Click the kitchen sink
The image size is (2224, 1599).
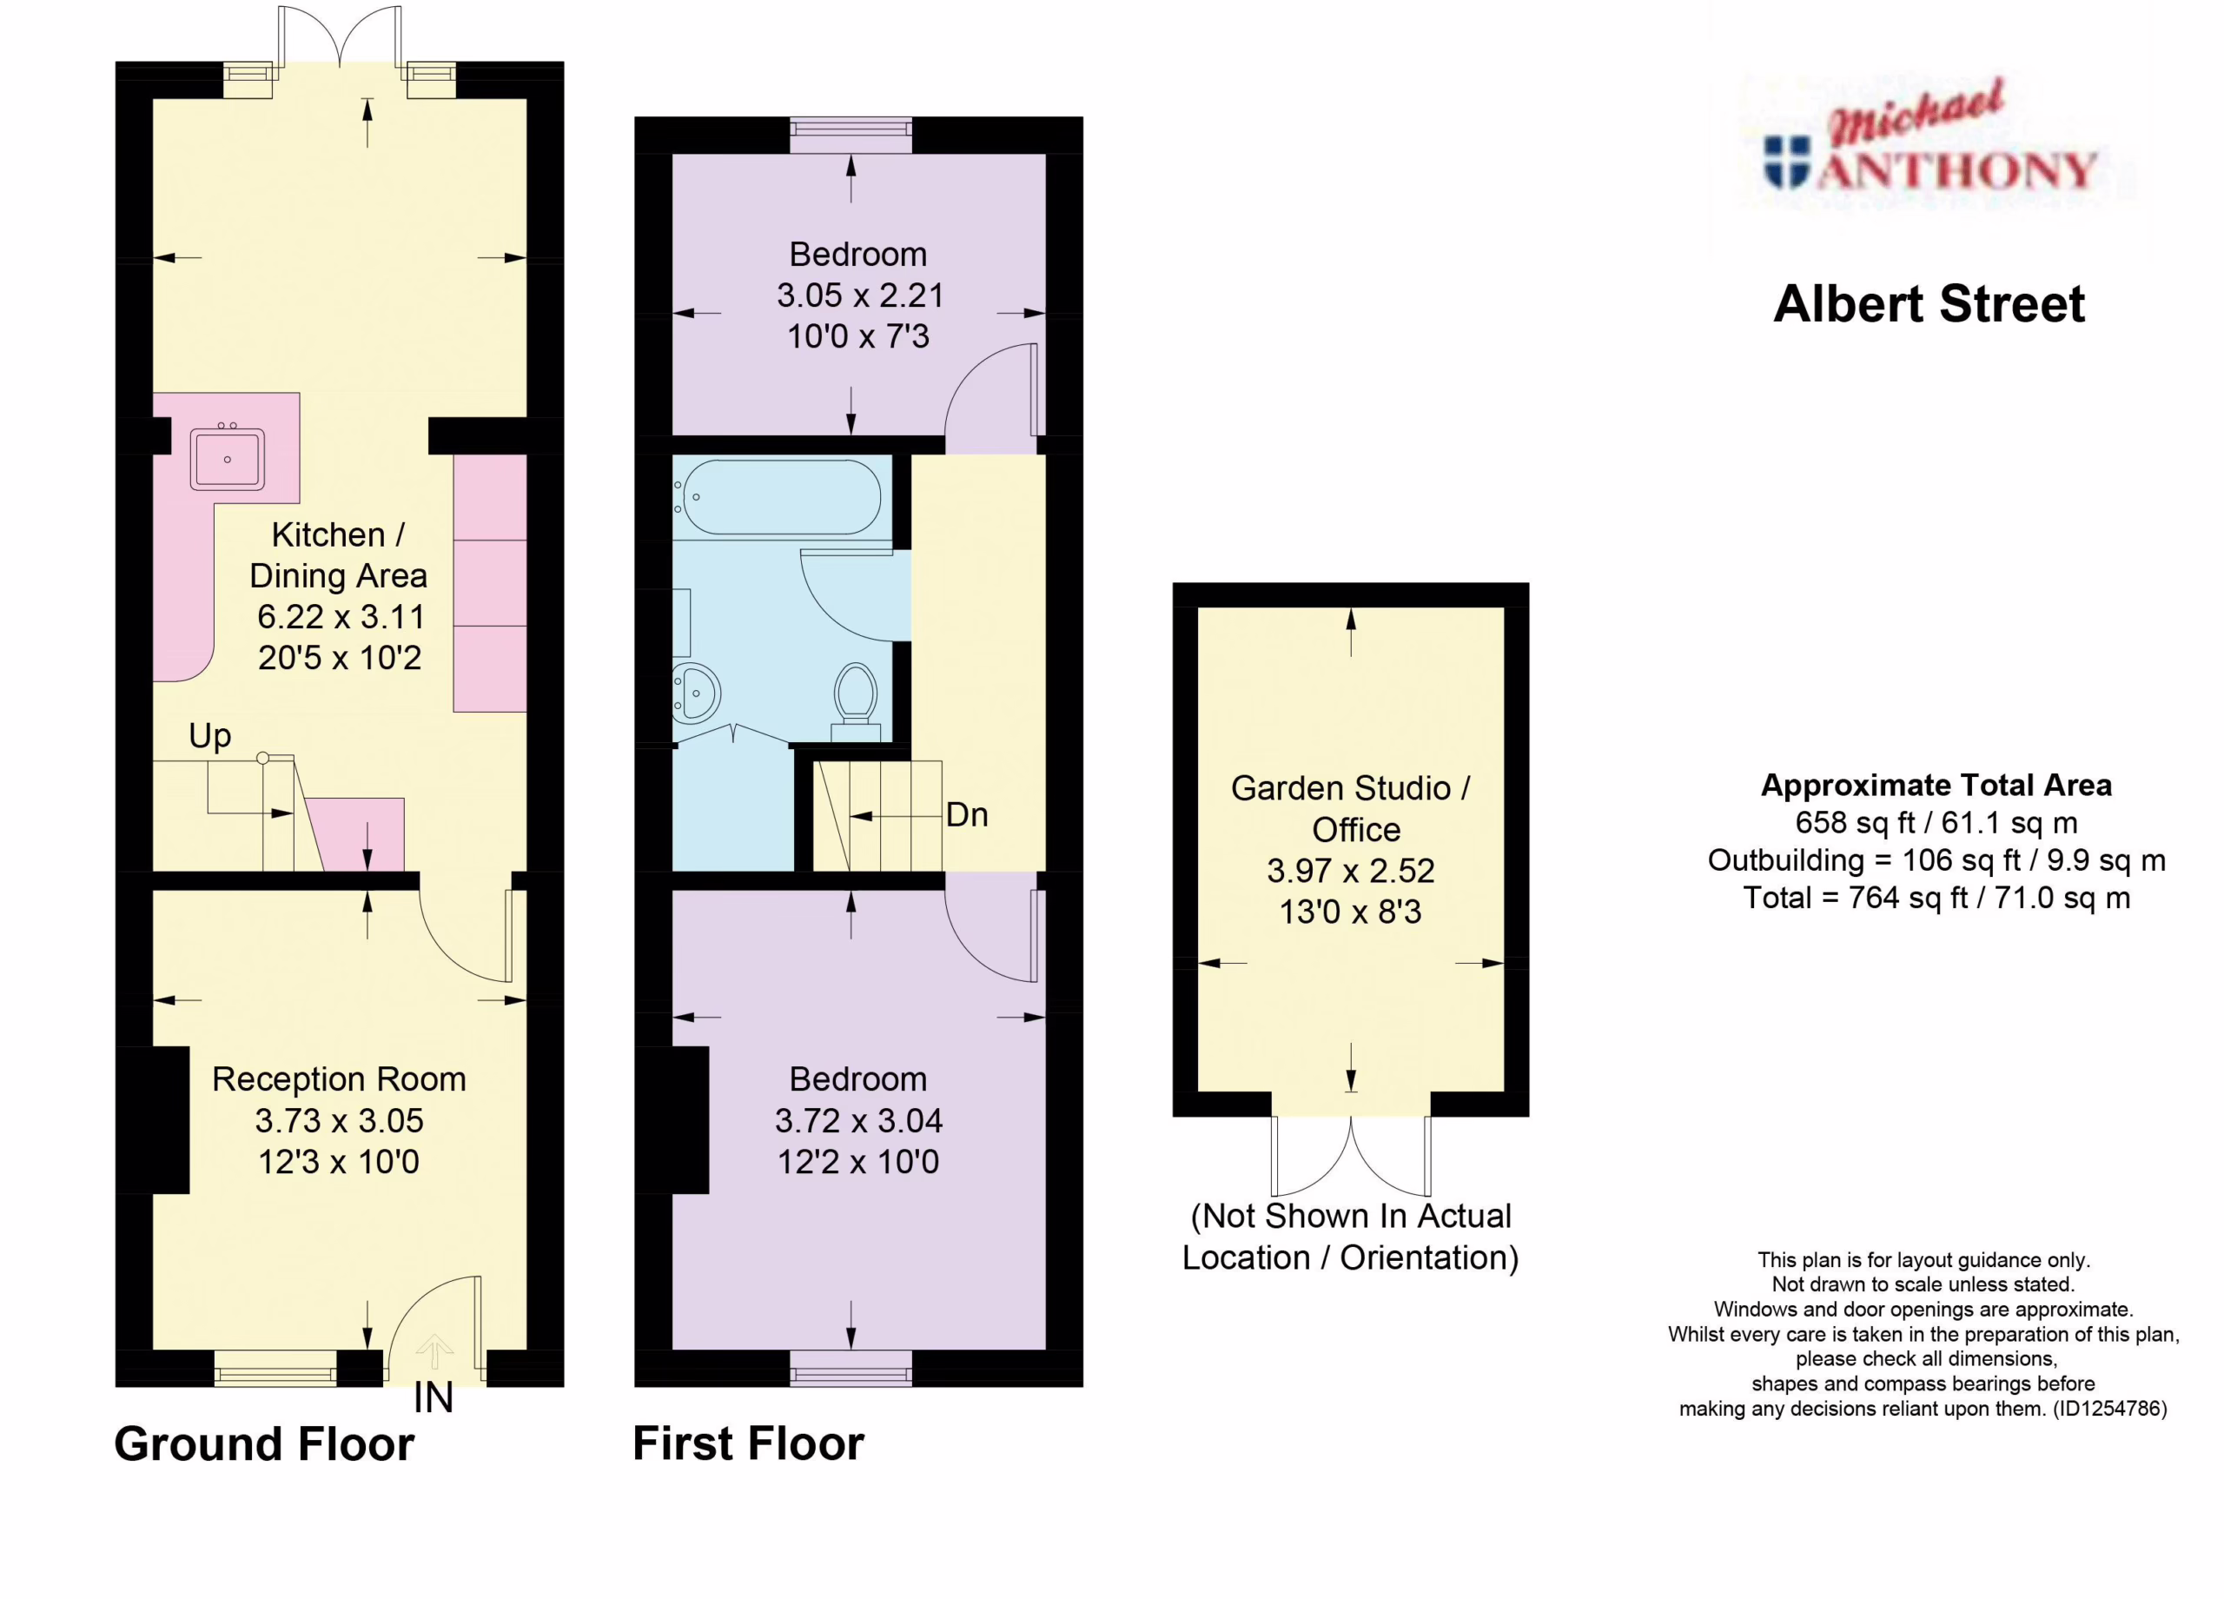tap(228, 457)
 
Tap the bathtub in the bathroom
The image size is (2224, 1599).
tap(782, 497)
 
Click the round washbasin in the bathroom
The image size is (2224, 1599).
tap(698, 693)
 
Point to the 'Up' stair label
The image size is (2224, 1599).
tap(210, 736)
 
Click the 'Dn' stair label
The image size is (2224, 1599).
tap(967, 814)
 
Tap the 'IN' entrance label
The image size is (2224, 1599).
tap(434, 1398)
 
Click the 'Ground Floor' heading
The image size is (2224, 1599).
tap(264, 1444)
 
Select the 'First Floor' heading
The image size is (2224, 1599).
tap(748, 1443)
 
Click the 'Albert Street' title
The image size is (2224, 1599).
tap(1929, 304)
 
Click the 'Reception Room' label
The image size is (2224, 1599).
tap(340, 1079)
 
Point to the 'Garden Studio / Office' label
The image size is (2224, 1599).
tap(1351, 808)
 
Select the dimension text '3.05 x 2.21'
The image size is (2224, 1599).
tap(860, 295)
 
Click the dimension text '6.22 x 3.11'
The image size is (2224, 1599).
tap(341, 617)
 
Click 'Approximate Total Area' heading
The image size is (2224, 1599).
tap(1936, 785)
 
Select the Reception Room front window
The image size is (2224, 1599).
tap(275, 1368)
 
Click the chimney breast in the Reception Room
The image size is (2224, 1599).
tap(153, 1120)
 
